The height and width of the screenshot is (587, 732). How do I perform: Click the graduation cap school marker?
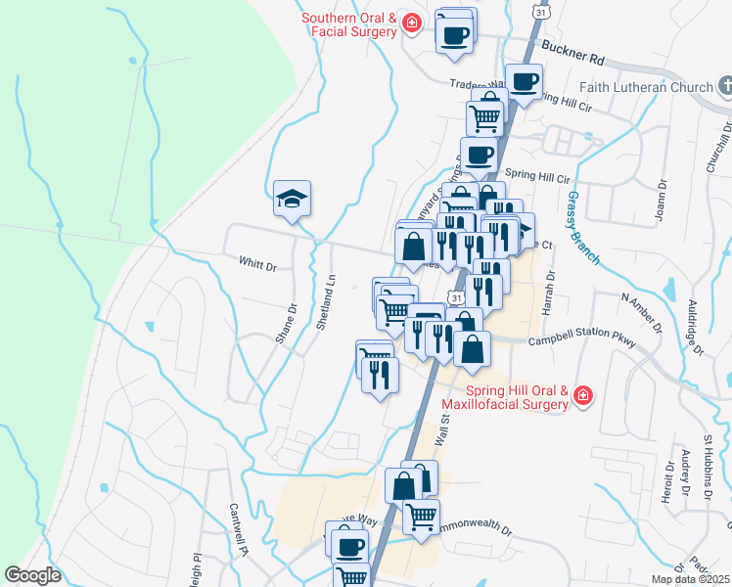point(293,200)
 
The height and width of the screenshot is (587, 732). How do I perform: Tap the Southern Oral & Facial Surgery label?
point(348,24)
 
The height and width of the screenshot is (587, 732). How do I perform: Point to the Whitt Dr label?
point(258,264)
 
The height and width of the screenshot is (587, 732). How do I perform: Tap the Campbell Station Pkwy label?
point(582,342)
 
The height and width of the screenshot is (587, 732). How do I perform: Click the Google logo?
point(32,575)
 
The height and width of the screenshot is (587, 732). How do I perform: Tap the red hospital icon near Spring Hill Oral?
point(583,396)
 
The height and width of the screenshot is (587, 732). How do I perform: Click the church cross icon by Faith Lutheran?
point(724,87)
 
